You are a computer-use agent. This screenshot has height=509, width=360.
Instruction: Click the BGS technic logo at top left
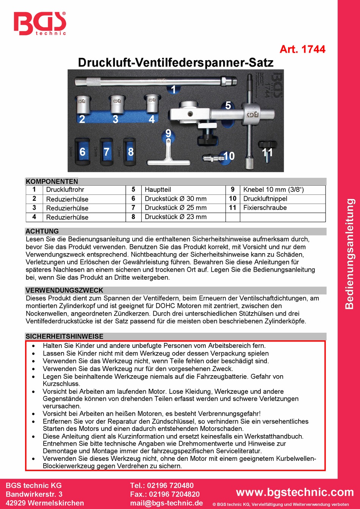(40, 23)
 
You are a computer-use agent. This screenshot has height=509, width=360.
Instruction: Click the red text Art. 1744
(302, 49)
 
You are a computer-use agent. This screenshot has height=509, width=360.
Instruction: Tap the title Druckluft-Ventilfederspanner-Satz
(175, 63)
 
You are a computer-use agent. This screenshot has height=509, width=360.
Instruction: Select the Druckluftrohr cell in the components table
(65, 190)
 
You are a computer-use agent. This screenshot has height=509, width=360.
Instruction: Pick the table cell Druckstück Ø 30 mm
(175, 199)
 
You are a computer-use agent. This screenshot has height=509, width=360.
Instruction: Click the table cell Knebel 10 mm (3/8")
(273, 190)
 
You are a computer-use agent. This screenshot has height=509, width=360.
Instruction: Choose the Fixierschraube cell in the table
(265, 208)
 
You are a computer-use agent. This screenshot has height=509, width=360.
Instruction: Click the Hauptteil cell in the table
(158, 190)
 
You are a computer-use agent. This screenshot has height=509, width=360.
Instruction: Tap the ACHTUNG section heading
(42, 231)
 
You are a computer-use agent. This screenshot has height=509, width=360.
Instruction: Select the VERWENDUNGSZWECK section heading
(64, 290)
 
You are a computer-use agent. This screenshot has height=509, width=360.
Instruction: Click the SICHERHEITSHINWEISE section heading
(64, 336)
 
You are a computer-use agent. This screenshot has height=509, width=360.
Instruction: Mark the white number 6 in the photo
(82, 152)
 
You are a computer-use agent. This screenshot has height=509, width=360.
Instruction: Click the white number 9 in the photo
(168, 133)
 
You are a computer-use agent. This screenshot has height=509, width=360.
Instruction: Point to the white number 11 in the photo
(268, 152)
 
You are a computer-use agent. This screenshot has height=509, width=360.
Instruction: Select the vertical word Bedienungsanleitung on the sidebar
(349, 254)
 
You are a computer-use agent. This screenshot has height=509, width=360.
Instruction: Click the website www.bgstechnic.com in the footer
(295, 492)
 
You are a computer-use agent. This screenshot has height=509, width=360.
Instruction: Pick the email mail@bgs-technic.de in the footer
(166, 503)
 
